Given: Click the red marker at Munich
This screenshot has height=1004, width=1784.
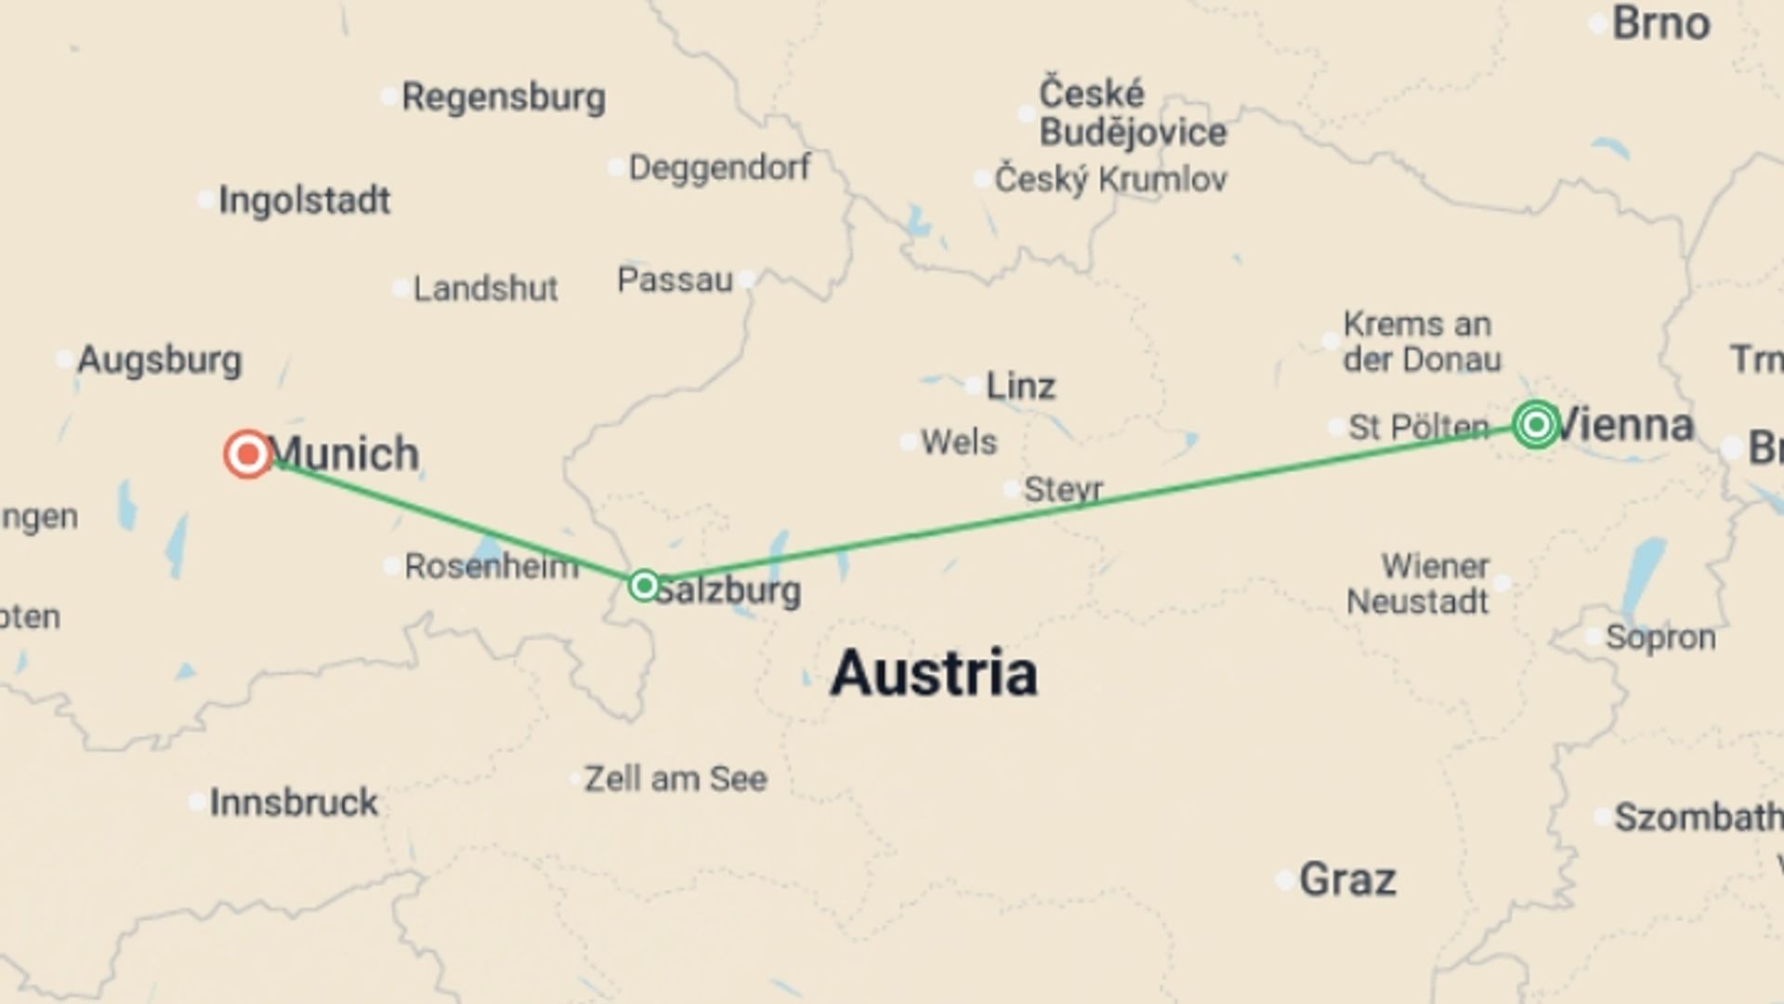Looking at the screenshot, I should pos(248,454).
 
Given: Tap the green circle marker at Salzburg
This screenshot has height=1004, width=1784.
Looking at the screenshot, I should pos(644,586).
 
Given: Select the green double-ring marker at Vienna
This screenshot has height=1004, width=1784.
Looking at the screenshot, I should pos(1536,425).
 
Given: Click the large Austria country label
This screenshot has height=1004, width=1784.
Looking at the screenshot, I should pos(933,673).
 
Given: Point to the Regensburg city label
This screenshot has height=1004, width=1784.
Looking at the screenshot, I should pos(503,97).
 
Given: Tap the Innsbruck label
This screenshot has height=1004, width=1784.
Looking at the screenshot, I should pos(293,802).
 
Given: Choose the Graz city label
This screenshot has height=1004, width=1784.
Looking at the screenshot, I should pos(1346,878).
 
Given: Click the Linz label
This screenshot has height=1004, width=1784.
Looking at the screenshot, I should pos(1019,386).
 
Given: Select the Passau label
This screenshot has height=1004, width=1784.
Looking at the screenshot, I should pos(675,280).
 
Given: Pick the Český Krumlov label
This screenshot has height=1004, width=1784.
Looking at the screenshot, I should pos(1110,178).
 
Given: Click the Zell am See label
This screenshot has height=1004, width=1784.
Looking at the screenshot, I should pos(676,779).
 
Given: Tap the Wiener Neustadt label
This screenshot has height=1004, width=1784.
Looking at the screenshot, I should pos(1419,584).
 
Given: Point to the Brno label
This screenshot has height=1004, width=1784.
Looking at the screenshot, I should pos(1660,23).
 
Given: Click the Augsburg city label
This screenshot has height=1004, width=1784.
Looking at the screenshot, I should pos(159,360).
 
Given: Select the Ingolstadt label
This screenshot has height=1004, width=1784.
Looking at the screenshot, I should pos(304,200).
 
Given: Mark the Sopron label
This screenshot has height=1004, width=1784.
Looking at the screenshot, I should pos(1659,637).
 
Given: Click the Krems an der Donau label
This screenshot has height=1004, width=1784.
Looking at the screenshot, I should pos(1421,342).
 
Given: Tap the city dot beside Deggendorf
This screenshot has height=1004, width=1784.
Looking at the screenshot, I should pos(616,168).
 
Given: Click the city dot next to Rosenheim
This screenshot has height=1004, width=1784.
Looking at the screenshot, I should pos(392,565).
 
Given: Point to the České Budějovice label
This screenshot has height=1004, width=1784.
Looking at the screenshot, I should pos(1132,113).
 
